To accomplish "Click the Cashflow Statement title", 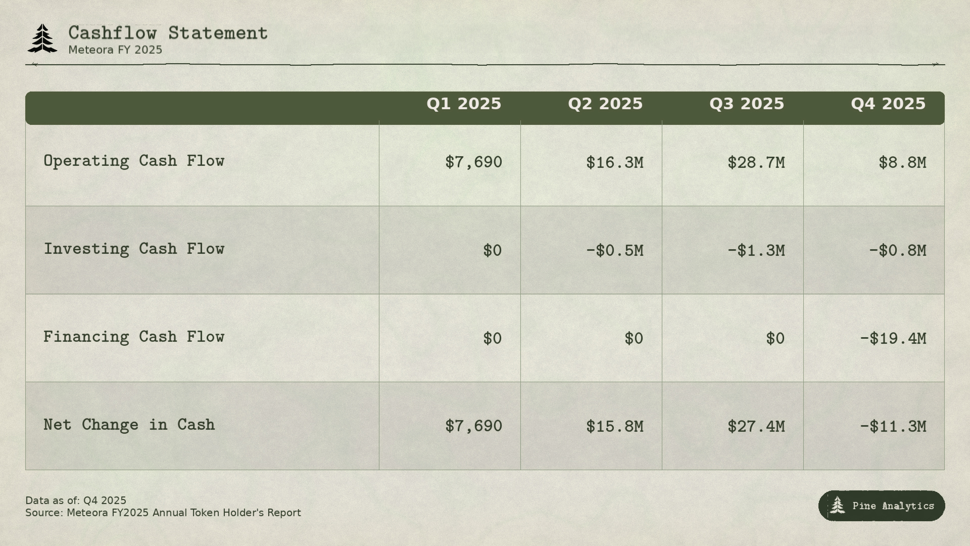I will (x=168, y=33).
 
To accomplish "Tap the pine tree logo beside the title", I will (x=42, y=38).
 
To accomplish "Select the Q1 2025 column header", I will (x=464, y=104).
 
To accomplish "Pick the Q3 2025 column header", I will (x=747, y=104).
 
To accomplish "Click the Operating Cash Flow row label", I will (x=134, y=161).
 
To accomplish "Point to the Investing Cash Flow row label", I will (x=134, y=249).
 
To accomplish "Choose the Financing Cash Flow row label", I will (x=134, y=337).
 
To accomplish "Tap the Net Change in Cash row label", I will (x=129, y=425).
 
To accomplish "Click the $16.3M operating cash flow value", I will (x=614, y=163).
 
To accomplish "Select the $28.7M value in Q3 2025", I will (x=756, y=163).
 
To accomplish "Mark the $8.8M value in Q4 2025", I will (x=902, y=163).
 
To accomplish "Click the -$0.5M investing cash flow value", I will (x=614, y=251).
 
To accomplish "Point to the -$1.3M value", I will (x=756, y=251).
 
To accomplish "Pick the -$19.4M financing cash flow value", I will (x=893, y=339).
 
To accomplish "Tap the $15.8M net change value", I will (x=614, y=427).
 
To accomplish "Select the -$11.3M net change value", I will (x=893, y=427).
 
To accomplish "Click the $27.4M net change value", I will (x=756, y=427).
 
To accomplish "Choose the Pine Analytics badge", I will (x=882, y=506).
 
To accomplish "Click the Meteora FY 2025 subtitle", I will (x=115, y=50).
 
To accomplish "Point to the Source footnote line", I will (x=163, y=513).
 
